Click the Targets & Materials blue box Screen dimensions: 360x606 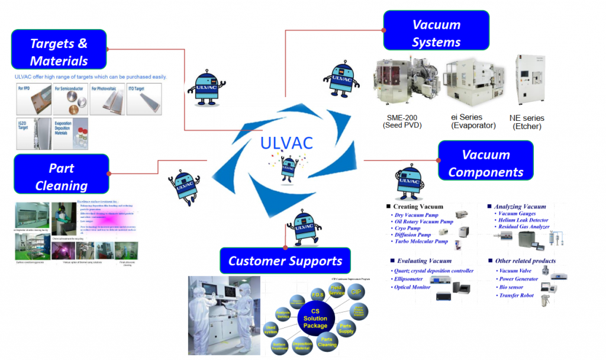click(59, 52)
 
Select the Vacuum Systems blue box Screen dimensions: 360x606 click(436, 33)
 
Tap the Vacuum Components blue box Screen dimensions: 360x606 click(485, 163)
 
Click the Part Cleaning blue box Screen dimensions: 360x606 click(62, 176)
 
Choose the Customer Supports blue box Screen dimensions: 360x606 click(285, 261)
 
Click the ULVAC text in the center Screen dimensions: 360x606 click(286, 143)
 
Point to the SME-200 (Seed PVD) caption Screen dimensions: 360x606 click(401, 121)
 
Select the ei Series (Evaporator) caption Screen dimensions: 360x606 click(468, 121)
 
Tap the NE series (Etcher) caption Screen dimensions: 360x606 click(527, 122)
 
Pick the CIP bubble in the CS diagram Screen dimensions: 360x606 click(356, 292)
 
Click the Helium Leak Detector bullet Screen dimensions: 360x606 click(524, 220)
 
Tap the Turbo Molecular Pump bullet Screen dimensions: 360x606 click(422, 242)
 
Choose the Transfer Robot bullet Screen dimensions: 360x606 click(516, 295)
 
